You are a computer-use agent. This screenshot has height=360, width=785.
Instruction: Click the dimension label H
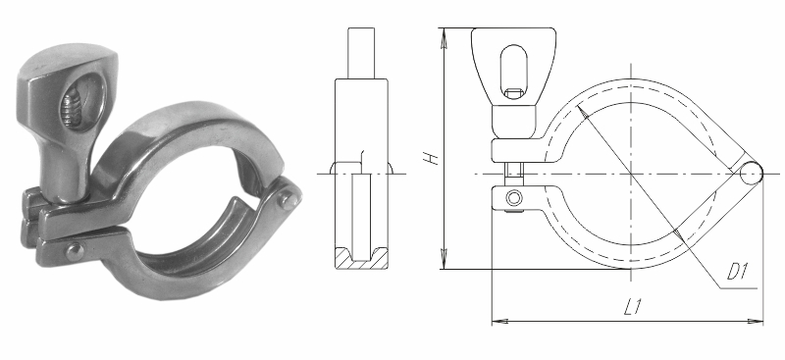click(x=431, y=156)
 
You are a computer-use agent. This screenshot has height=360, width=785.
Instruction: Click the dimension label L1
click(x=633, y=306)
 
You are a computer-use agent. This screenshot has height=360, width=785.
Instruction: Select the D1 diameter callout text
click(x=737, y=272)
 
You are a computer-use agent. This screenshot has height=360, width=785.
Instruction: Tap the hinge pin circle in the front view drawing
click(x=751, y=174)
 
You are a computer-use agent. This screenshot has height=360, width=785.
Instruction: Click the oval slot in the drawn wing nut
click(x=513, y=73)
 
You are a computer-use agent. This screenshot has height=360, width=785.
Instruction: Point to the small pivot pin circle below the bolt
click(x=513, y=198)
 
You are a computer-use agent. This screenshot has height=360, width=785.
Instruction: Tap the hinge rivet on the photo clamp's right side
click(x=288, y=200)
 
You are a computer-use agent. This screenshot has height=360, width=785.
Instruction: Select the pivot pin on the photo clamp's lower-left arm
click(x=75, y=251)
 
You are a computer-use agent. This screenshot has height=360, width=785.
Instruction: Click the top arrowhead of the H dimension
click(x=444, y=38)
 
